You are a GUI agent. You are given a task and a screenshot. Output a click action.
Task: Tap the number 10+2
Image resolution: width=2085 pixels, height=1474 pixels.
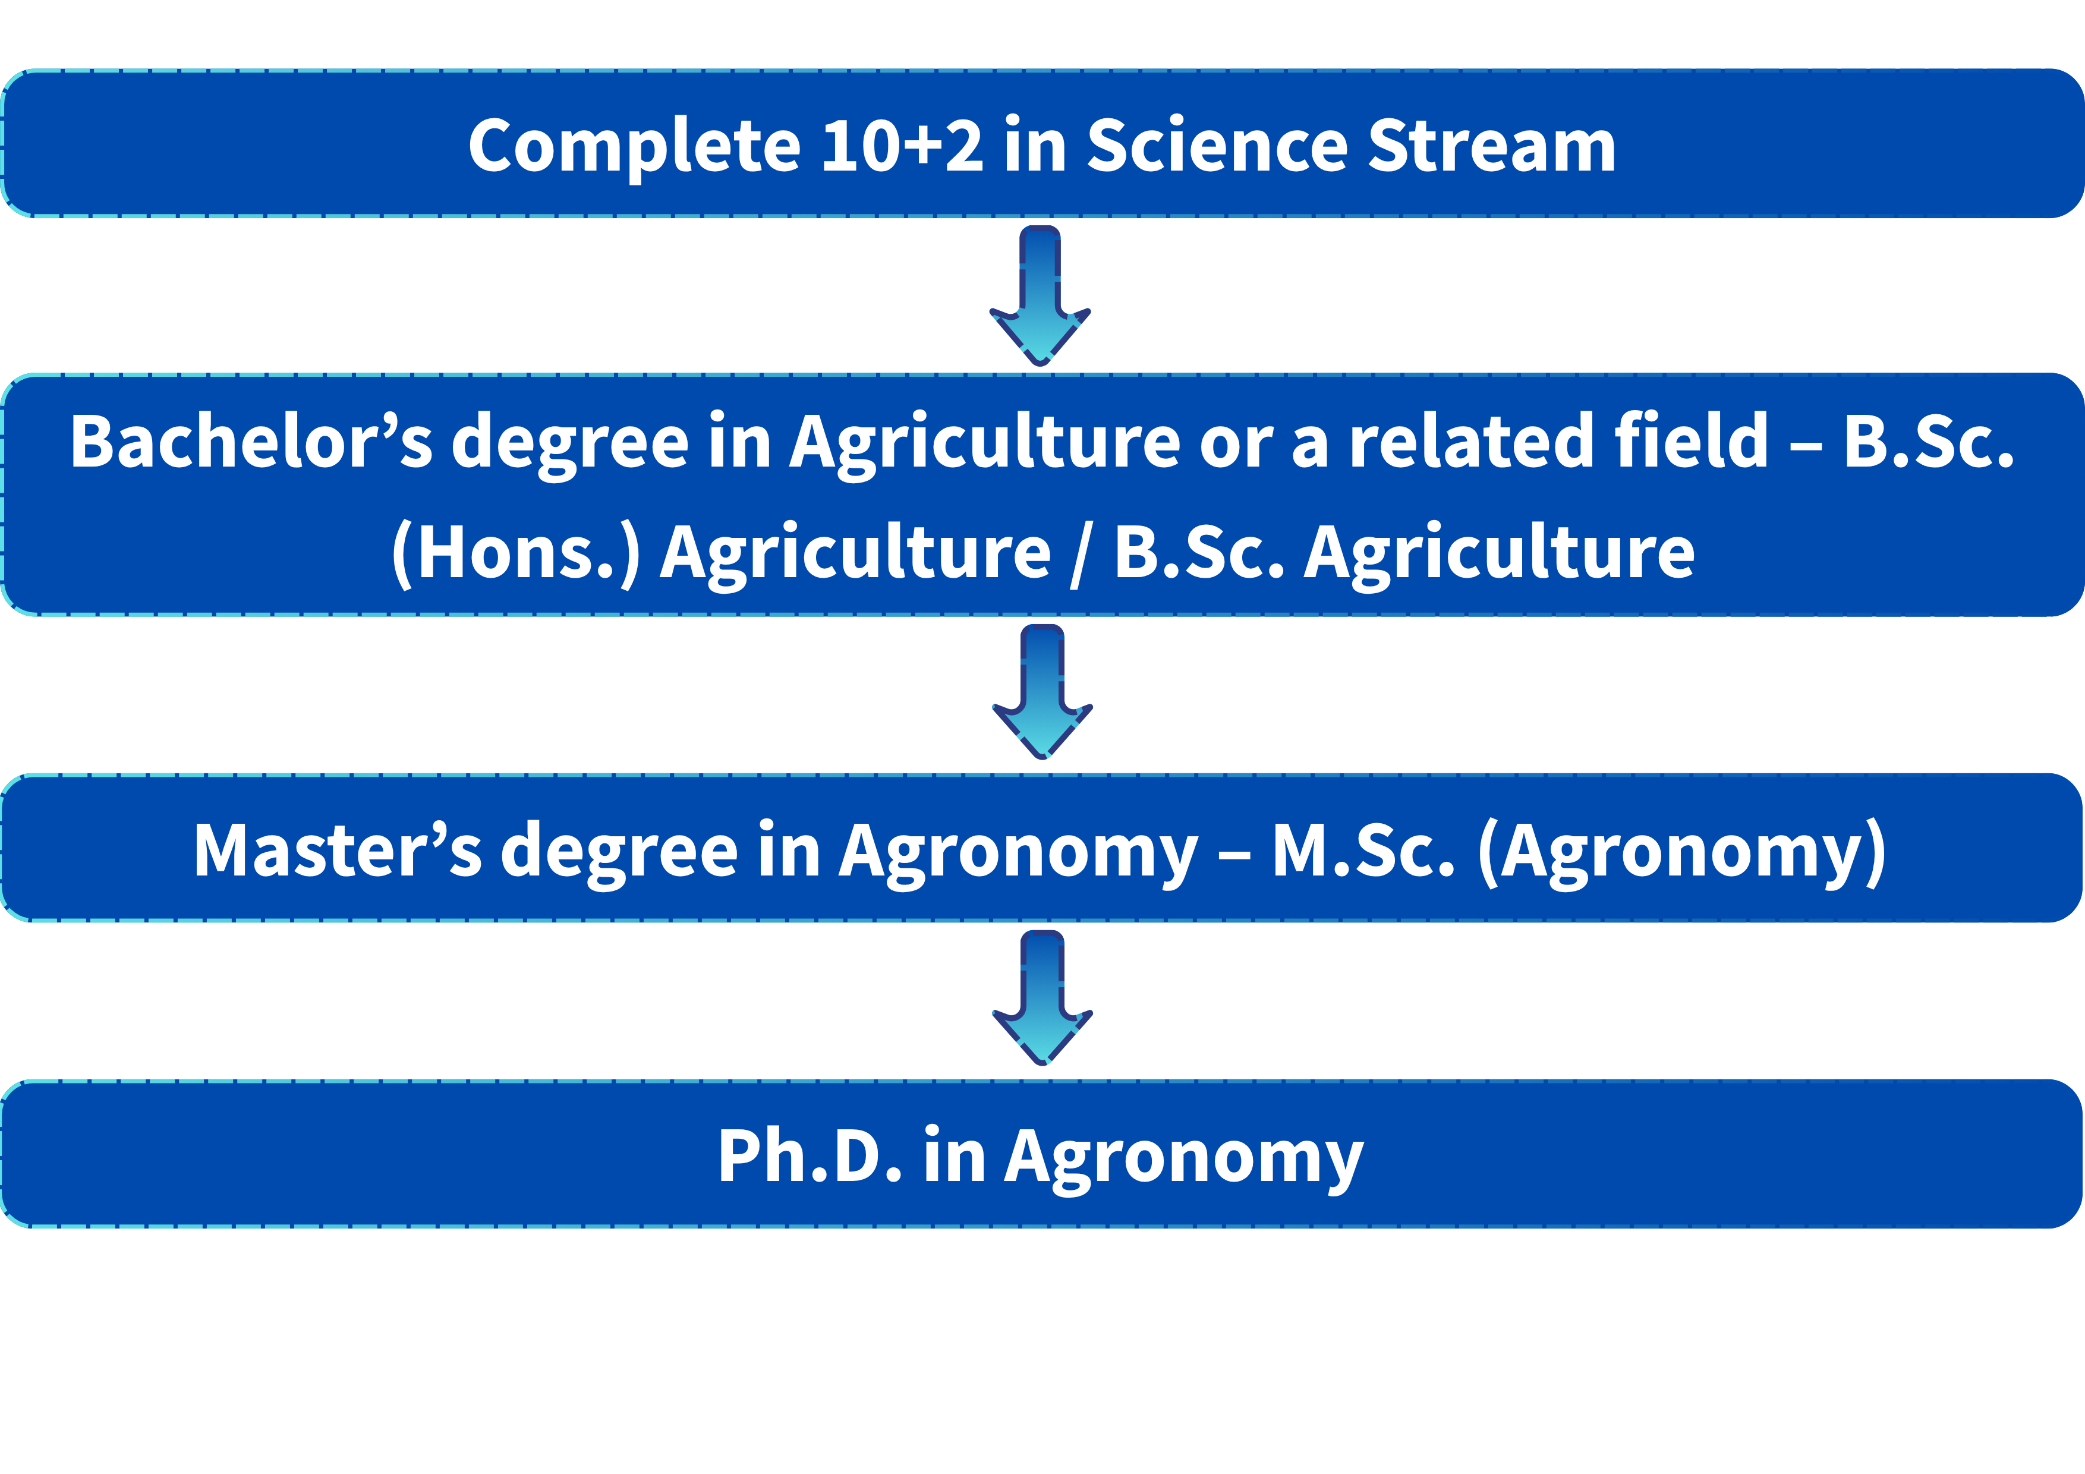click(x=902, y=145)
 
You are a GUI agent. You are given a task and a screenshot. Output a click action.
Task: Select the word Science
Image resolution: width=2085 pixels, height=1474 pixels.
click(x=1217, y=145)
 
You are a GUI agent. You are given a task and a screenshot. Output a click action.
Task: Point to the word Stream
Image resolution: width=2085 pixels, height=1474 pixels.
click(x=1492, y=145)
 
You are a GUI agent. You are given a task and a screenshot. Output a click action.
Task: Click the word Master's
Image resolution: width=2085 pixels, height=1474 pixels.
click(x=338, y=850)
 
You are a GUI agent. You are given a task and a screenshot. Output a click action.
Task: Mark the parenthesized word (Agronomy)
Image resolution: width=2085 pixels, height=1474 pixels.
click(x=1683, y=853)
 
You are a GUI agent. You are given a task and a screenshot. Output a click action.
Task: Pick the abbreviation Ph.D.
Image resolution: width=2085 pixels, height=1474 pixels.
click(x=810, y=1156)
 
